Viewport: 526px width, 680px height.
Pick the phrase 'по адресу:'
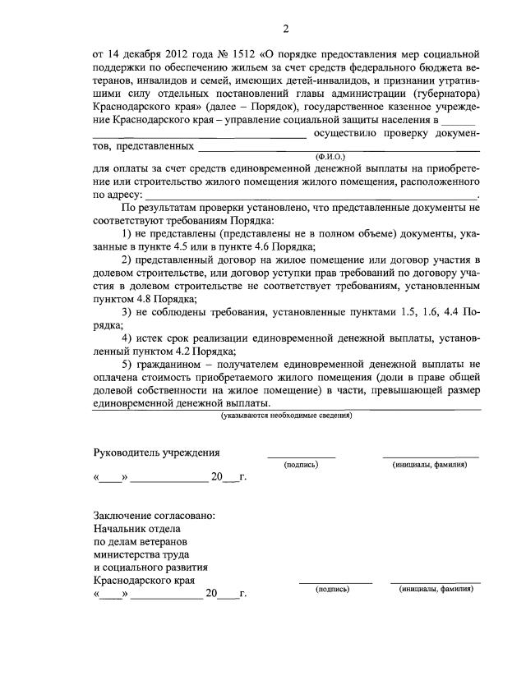point(118,195)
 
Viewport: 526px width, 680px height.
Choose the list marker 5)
point(127,365)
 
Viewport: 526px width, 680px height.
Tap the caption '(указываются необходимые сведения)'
point(286,416)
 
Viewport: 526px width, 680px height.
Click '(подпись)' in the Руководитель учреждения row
point(301,465)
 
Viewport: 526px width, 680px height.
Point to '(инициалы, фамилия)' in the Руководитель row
point(430,465)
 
